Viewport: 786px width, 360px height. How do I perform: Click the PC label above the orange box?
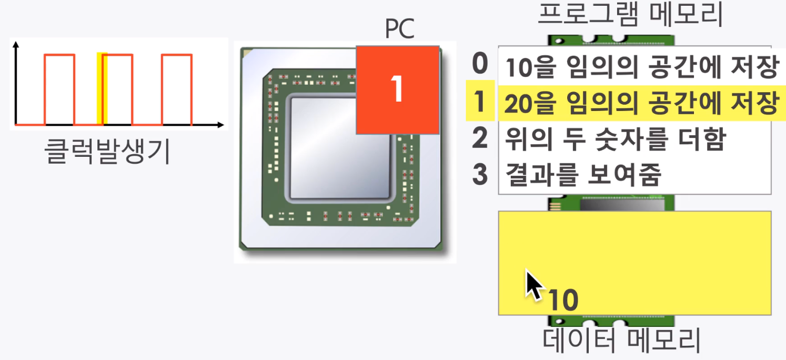coord(400,29)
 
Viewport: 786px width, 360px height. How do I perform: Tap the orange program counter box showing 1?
coord(398,89)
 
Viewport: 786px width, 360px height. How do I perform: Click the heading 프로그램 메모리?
coord(630,15)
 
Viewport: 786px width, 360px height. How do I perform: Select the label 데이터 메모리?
coord(622,340)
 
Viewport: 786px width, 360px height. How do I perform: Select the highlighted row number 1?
coord(479,101)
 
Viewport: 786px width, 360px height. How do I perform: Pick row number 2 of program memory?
coord(479,138)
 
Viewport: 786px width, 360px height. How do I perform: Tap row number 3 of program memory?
coord(479,174)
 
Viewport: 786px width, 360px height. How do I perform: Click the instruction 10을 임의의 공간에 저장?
coord(641,67)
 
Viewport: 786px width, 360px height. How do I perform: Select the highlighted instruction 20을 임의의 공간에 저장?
coord(641,103)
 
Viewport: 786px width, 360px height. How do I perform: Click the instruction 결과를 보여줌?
coord(583,175)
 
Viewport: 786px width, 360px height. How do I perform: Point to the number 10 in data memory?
coord(563,300)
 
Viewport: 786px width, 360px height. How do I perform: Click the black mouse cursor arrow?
coord(533,284)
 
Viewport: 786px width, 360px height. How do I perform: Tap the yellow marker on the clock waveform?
coord(103,88)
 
